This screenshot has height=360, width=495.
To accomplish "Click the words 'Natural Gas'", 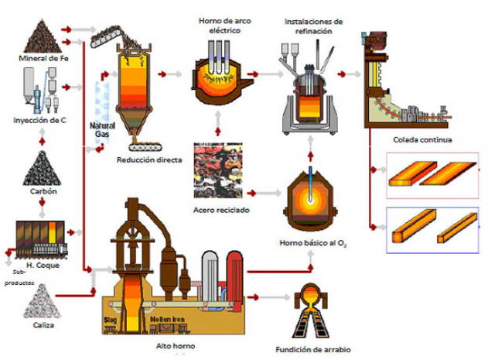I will (103, 129).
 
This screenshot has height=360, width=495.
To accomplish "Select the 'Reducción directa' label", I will (149, 160).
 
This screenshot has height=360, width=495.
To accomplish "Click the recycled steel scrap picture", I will (220, 175).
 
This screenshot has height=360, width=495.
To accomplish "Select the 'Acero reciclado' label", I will (220, 211).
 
